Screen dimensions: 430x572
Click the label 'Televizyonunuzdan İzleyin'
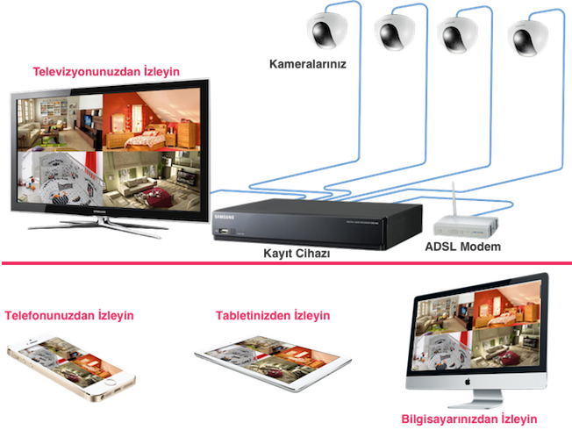point(105,71)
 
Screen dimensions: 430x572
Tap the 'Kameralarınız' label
point(308,63)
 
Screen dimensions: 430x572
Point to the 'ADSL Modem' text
point(461,247)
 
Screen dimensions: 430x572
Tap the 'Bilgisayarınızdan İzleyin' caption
point(468,419)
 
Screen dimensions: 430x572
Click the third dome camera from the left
point(459,33)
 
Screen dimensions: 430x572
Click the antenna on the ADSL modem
point(450,197)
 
